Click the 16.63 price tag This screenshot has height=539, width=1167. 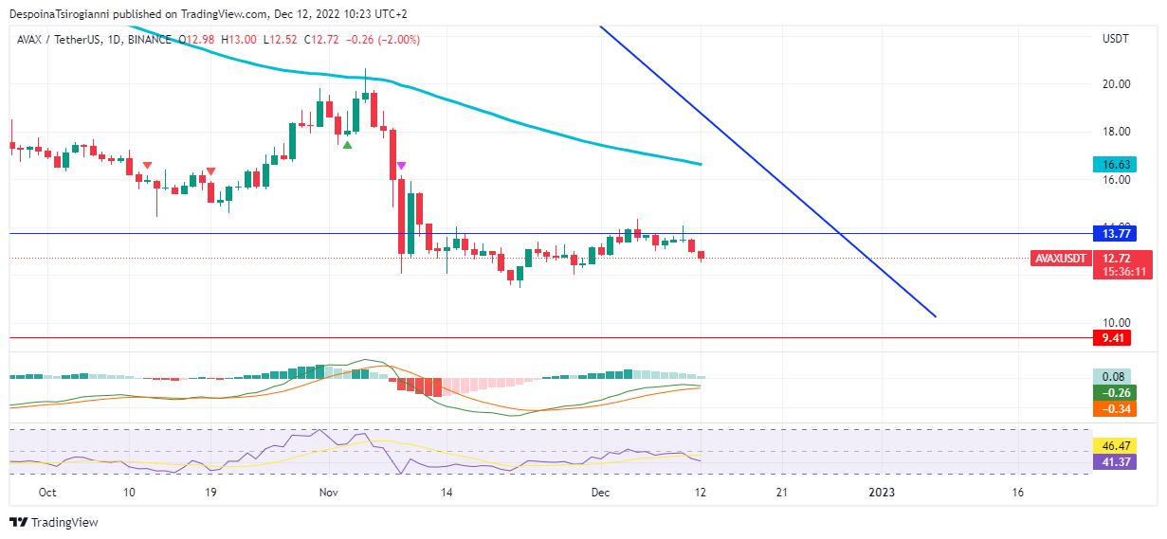1115,164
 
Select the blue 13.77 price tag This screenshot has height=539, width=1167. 1115,233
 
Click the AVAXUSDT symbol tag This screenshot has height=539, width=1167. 1059,258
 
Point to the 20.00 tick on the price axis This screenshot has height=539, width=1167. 1116,83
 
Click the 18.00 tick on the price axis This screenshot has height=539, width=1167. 1116,131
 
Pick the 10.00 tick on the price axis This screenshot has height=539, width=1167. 1116,322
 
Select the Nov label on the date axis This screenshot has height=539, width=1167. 329,493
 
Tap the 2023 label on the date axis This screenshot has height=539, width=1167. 882,493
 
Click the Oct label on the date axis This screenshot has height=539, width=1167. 48,493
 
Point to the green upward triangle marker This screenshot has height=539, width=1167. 348,145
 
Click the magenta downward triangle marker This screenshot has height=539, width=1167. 402,166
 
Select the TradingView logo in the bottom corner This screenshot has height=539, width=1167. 54,522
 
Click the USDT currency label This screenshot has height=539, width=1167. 1115,39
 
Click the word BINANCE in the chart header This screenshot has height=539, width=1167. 148,40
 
